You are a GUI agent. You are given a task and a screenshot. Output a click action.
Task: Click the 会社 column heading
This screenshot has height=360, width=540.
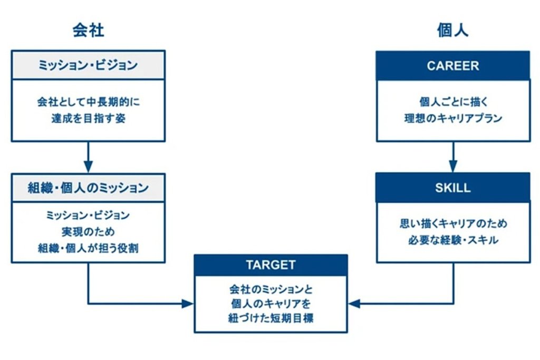(x=88, y=31)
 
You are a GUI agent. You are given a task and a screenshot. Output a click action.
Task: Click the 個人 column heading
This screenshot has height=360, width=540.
(x=452, y=31)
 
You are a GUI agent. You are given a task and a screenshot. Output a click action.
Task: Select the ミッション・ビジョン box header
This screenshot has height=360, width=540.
(x=88, y=65)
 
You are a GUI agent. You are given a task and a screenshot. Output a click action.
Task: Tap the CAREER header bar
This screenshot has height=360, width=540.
(x=452, y=66)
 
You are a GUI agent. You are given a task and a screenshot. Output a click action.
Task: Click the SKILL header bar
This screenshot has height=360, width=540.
(x=452, y=188)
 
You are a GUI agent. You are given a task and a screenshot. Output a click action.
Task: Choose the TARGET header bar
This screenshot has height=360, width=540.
(x=271, y=265)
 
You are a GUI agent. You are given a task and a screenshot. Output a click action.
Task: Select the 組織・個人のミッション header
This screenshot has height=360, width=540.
(x=88, y=188)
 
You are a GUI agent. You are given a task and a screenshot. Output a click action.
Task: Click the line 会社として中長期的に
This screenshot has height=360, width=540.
(x=88, y=102)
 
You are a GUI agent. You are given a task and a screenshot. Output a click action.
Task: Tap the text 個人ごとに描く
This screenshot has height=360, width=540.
(x=452, y=102)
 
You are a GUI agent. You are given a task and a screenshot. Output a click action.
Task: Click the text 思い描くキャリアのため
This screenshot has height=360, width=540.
(x=452, y=223)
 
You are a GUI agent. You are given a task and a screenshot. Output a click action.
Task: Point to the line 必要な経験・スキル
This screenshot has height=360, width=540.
(x=452, y=240)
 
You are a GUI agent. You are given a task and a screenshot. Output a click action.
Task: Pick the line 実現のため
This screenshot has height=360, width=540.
(x=88, y=231)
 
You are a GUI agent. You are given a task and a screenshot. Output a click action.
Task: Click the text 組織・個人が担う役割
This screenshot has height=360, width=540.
(x=88, y=248)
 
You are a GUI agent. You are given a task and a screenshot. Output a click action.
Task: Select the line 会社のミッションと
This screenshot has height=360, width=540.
(x=271, y=289)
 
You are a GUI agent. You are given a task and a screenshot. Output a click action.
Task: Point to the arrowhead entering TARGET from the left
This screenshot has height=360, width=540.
(x=188, y=304)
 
